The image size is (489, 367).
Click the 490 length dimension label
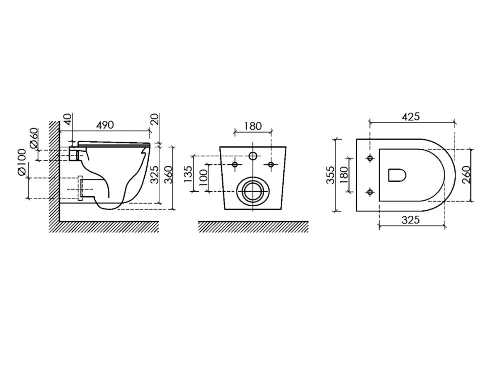click(105, 125)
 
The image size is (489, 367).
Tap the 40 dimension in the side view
click(68, 118)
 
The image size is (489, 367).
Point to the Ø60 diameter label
click(34, 138)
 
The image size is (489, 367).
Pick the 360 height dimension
click(168, 174)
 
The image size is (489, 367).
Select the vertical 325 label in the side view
click(155, 174)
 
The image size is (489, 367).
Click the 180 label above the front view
click(253, 127)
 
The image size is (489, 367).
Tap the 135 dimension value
click(188, 174)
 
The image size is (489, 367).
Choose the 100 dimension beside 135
click(203, 177)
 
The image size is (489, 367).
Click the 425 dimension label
click(411, 116)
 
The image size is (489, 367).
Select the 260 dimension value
click(466, 175)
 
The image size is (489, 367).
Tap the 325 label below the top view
click(411, 220)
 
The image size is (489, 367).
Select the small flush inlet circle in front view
click(253, 156)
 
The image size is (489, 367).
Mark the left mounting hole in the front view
click(235, 164)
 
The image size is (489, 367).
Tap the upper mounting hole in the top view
click(370, 158)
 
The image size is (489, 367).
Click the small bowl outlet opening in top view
click(397, 175)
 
